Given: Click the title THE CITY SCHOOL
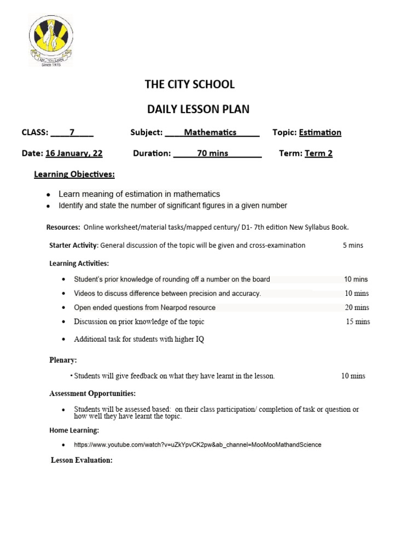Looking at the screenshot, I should pos(189,84).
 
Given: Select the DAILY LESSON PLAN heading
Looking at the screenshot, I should pos(198,109).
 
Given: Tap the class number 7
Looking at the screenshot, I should pos(72,132).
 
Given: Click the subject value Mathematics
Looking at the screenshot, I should pos(210,132).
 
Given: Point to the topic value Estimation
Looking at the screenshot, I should pos(320,132).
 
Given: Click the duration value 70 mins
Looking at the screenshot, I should pos(213,153).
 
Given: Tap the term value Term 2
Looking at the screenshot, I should pos(318,153).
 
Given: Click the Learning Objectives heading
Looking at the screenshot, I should pos(74,174).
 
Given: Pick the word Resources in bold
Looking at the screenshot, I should pos(63,227).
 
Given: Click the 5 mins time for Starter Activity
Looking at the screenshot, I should pos(353,246).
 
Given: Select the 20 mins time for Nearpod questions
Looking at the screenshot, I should pos(357,307).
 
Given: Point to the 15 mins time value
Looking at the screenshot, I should pos(358,322).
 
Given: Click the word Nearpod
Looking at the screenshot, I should pos(176,307).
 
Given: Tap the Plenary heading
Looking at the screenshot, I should pos(63,360).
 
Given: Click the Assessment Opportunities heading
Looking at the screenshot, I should pos(92,393).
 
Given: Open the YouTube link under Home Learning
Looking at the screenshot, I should pos(197,445).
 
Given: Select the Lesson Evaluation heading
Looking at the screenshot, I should pos(81,460).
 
